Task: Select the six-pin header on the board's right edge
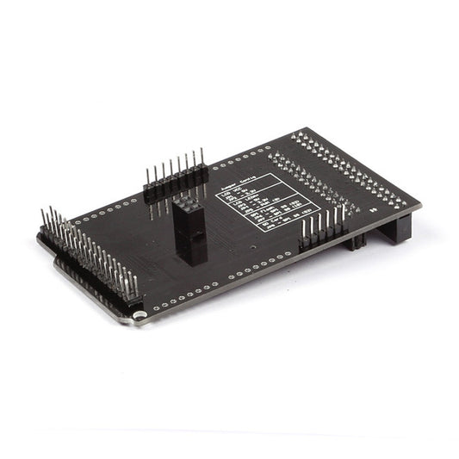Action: (x=322, y=228)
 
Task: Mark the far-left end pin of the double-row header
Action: (x=44, y=220)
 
